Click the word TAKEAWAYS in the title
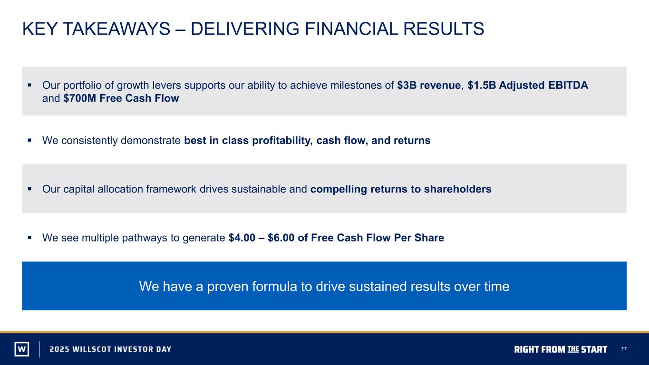click(x=116, y=29)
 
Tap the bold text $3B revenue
click(x=429, y=85)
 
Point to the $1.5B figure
click(x=482, y=85)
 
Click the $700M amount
click(x=80, y=98)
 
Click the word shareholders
click(x=458, y=189)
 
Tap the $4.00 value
click(x=242, y=238)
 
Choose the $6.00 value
click(x=281, y=238)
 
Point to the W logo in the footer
click(x=22, y=349)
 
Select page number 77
click(x=624, y=349)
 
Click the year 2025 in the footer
click(x=59, y=349)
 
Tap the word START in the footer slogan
click(x=594, y=349)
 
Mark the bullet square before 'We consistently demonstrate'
click(x=29, y=141)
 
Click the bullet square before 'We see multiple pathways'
click(x=29, y=238)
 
